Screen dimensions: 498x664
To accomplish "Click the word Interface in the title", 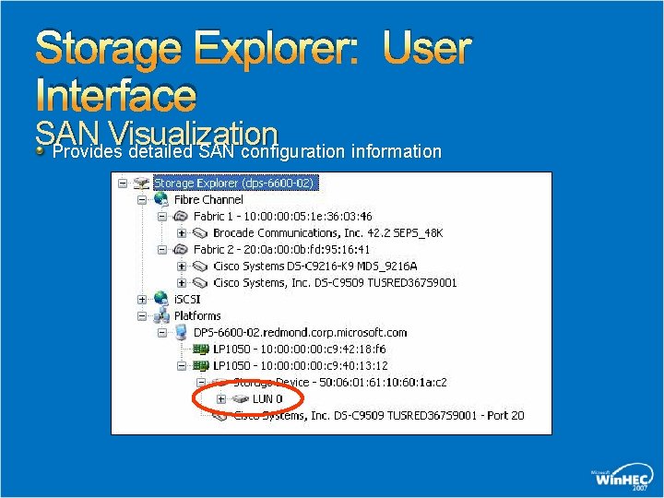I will pyautogui.click(x=115, y=96).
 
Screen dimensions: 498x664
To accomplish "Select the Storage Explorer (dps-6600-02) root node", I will pyautogui.click(x=233, y=183).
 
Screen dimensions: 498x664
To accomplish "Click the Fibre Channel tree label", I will pyautogui.click(x=208, y=199).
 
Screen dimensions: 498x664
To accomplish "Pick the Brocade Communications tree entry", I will pyautogui.click(x=327, y=232).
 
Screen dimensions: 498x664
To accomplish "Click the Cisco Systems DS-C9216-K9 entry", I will pyautogui.click(x=321, y=266).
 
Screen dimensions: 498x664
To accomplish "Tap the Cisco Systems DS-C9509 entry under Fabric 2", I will pyautogui.click(x=335, y=282).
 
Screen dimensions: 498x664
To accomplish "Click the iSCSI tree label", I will pyautogui.click(x=187, y=299).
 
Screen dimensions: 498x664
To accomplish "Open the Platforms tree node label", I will pyautogui.click(x=197, y=315).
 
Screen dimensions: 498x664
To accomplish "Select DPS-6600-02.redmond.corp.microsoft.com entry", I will pyautogui.click(x=300, y=332).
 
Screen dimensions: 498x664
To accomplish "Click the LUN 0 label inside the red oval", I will pyautogui.click(x=267, y=398).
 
